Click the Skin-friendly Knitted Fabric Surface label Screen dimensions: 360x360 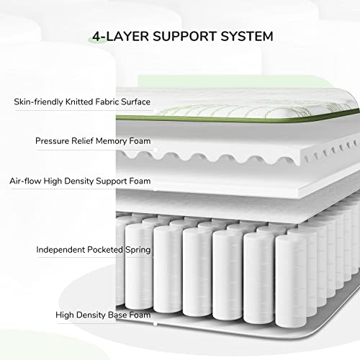click(82, 102)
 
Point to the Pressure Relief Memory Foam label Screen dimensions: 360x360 click(93, 141)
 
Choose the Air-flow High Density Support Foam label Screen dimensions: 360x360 click(80, 181)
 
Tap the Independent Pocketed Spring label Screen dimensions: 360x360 click(94, 250)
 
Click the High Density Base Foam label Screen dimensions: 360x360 click(104, 315)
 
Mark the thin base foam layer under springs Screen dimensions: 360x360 click(216, 323)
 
